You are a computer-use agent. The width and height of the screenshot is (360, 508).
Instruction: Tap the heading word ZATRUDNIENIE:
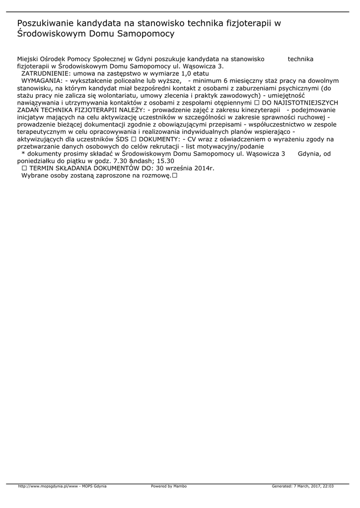(46, 73)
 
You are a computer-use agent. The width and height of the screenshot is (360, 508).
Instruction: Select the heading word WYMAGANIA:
(42, 80)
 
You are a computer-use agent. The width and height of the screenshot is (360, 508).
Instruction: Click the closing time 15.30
(165, 161)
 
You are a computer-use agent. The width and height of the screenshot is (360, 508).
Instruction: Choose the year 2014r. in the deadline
(204, 168)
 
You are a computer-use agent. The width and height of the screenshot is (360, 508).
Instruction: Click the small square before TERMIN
(24, 168)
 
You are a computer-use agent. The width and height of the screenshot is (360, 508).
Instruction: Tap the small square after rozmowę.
(175, 176)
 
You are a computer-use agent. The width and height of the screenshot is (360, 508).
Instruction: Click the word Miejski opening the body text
(27, 59)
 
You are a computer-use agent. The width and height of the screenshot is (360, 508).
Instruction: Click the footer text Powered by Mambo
(169, 486)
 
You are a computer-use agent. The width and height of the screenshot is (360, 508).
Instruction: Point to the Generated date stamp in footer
(302, 486)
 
